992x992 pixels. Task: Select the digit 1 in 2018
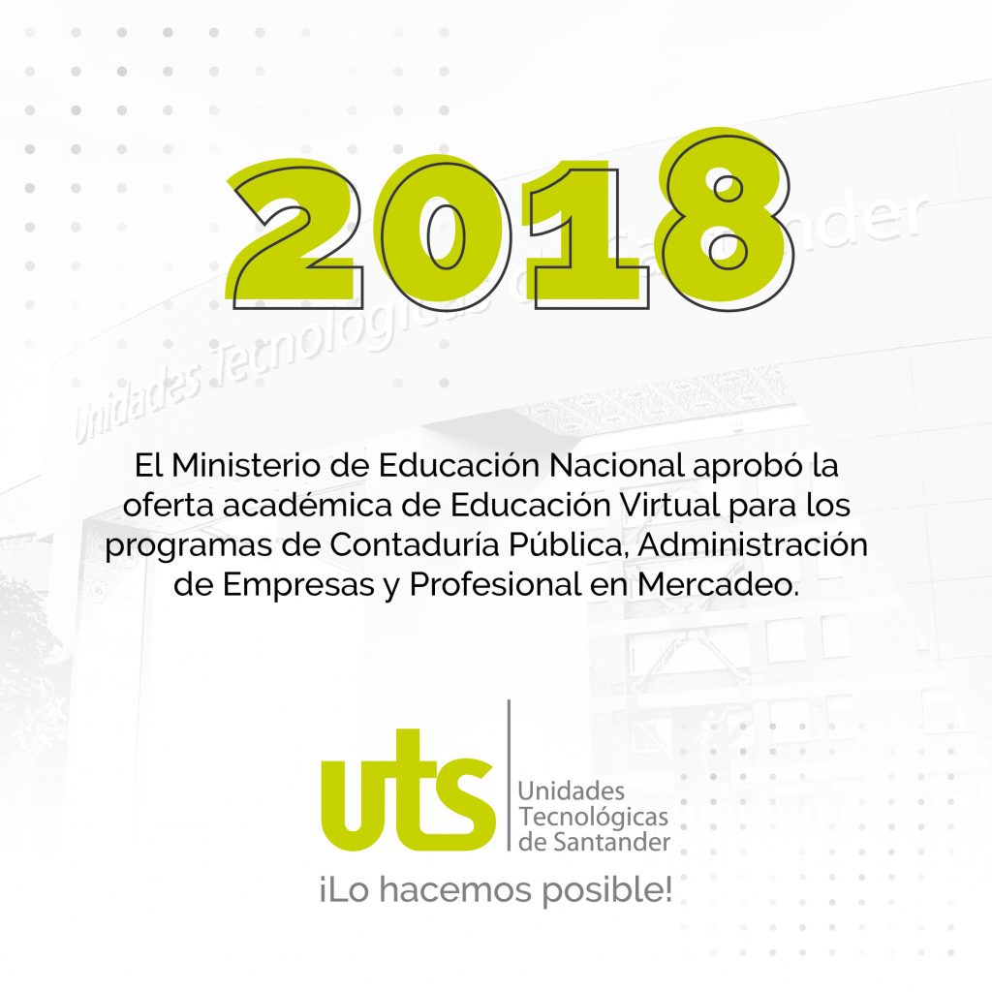pyautogui.click(x=585, y=235)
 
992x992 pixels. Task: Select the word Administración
pyautogui.click(x=752, y=544)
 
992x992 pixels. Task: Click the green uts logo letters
pyautogui.click(x=408, y=790)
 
